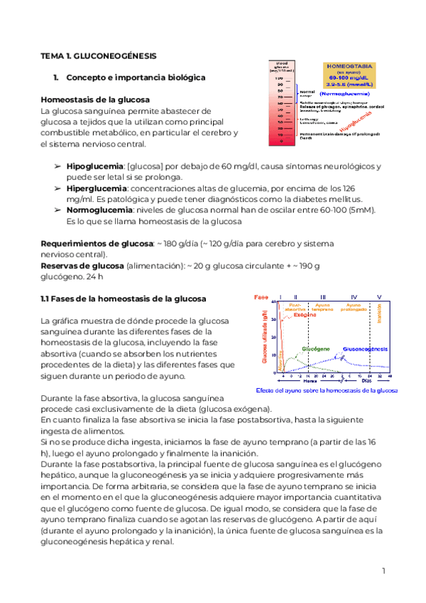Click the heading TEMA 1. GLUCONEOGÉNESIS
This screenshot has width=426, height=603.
tap(98, 55)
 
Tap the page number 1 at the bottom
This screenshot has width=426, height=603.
tap(383, 570)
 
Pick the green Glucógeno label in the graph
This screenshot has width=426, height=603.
tap(315, 350)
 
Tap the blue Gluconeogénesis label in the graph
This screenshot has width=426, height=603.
tap(366, 350)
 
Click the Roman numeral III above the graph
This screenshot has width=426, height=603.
tap(323, 297)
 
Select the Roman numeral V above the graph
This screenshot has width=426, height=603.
tap(379, 297)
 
